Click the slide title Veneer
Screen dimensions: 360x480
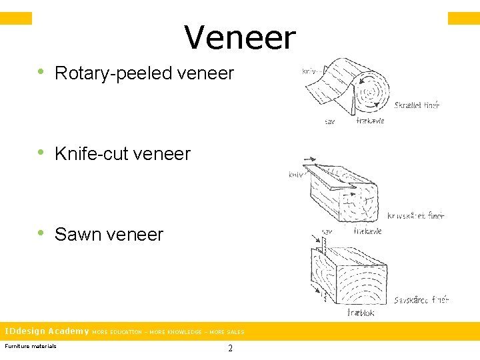pyautogui.click(x=240, y=37)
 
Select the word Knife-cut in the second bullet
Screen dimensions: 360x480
pyautogui.click(x=91, y=154)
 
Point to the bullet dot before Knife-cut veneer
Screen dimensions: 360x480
pyautogui.click(x=41, y=153)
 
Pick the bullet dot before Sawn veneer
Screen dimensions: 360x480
pyautogui.click(x=41, y=233)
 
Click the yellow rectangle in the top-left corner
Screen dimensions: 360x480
pyautogui.click(x=16, y=18)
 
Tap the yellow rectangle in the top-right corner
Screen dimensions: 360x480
pyautogui.click(x=463, y=18)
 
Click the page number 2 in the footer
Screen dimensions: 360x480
pyautogui.click(x=230, y=348)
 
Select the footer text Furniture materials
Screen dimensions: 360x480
pyautogui.click(x=31, y=345)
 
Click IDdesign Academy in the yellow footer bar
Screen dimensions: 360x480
pyautogui.click(x=47, y=331)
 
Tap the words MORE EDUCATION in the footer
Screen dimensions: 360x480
pyautogui.click(x=117, y=332)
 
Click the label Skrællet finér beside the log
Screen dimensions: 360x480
pyautogui.click(x=417, y=105)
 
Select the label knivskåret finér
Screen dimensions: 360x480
pyautogui.click(x=415, y=215)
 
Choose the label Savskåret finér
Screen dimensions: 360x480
pyautogui.click(x=421, y=299)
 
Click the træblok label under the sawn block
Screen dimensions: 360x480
pyautogui.click(x=360, y=312)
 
